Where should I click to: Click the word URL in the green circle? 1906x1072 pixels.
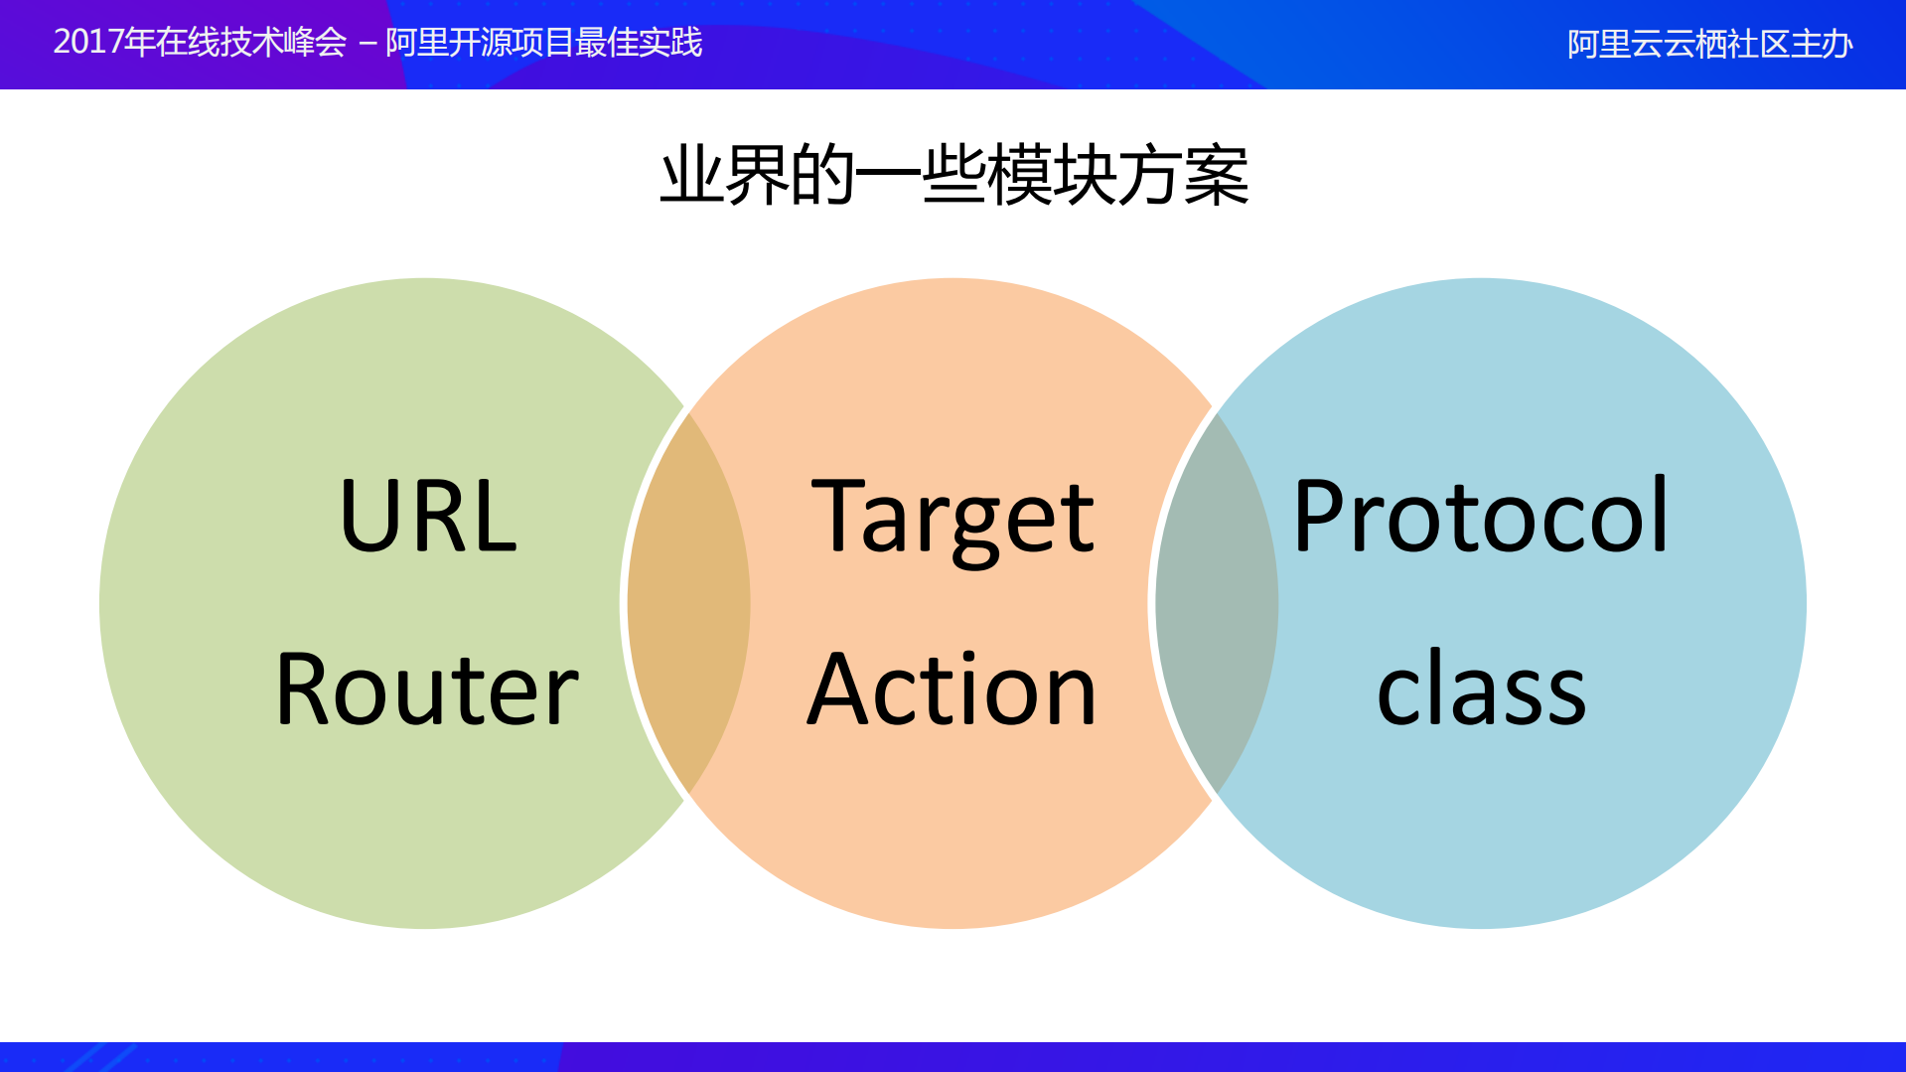point(427,517)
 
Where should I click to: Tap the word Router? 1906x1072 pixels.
point(427,689)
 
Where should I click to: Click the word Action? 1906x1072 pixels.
point(953,689)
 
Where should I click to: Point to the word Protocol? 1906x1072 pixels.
point(1480,517)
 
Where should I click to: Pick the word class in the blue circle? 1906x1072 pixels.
point(1480,689)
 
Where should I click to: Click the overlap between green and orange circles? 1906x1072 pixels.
point(688,603)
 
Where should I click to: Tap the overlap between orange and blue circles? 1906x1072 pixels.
point(1217,603)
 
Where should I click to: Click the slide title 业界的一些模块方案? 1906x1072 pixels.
point(953,176)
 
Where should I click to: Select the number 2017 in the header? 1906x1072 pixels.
point(88,43)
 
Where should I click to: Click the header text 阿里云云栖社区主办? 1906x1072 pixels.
point(1709,45)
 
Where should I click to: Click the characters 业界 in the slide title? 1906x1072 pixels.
point(724,176)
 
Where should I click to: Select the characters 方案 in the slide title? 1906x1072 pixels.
point(1183,176)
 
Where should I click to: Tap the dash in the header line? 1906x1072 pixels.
point(367,45)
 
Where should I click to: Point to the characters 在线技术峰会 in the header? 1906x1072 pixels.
point(250,43)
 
